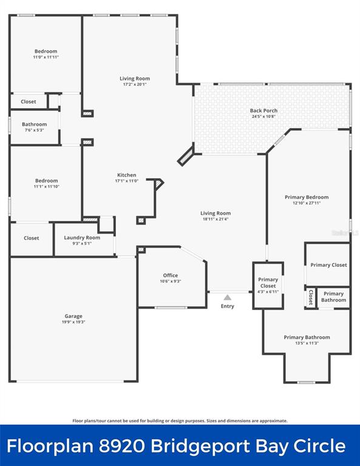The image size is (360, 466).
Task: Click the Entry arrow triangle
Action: click(x=228, y=297)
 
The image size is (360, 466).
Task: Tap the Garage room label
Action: click(x=73, y=316)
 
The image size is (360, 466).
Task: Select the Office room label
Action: click(x=171, y=275)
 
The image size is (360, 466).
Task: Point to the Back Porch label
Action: click(x=263, y=110)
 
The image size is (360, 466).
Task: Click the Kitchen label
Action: click(x=127, y=175)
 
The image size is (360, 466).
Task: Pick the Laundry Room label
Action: click(x=82, y=238)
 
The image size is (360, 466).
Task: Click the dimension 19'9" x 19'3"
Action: click(x=73, y=322)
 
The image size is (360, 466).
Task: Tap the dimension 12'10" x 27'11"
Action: click(x=307, y=203)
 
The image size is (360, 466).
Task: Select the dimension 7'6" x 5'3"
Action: click(x=35, y=130)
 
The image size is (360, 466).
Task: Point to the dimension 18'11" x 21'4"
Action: click(x=216, y=219)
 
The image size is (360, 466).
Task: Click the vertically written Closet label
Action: click(x=311, y=297)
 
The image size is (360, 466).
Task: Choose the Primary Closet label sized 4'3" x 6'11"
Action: click(x=268, y=283)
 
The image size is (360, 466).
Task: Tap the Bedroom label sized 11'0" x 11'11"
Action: click(x=46, y=52)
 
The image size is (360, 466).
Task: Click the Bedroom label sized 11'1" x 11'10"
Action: click(x=46, y=181)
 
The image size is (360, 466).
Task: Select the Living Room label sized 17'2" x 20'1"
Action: click(x=135, y=78)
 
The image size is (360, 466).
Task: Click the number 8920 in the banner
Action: click(x=123, y=446)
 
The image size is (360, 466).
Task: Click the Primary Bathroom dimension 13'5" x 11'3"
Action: click(x=307, y=343)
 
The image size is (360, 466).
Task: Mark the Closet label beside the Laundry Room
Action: click(x=31, y=238)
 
